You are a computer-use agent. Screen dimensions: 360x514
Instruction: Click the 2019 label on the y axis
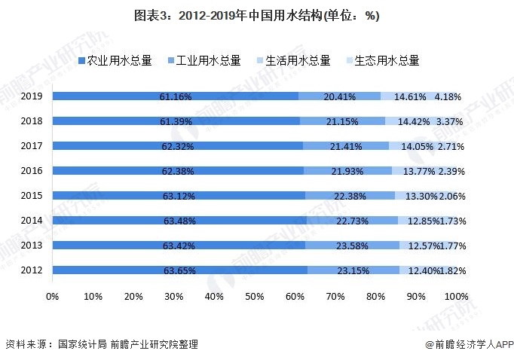tap(31, 96)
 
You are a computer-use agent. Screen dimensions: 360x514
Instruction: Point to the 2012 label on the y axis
tap(31, 270)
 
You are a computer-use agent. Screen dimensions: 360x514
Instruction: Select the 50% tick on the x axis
tap(255, 297)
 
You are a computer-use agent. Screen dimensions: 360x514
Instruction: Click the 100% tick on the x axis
tap(455, 297)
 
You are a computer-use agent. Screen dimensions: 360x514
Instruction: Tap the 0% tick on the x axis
tap(52, 297)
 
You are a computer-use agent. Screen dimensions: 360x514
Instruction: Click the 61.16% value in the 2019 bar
tap(176, 96)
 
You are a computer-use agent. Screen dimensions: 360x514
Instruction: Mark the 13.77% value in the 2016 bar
tap(419, 171)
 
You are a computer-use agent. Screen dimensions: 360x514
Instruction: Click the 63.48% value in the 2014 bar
tap(179, 221)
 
